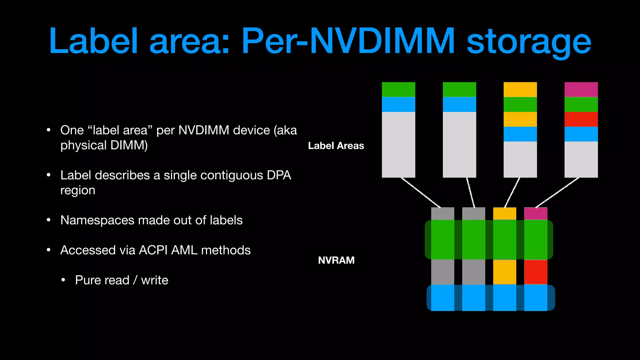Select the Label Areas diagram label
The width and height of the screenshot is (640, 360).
pyautogui.click(x=336, y=146)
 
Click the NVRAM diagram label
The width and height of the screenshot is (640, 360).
pyautogui.click(x=336, y=260)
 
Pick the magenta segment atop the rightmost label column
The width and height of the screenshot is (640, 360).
pyautogui.click(x=581, y=89)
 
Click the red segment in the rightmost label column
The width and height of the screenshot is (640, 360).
pyautogui.click(x=581, y=119)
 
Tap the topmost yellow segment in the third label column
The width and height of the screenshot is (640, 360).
pyautogui.click(x=520, y=89)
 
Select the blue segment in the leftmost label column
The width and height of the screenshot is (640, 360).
pyautogui.click(x=398, y=104)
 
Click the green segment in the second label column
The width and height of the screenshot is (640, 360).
pyautogui.click(x=459, y=89)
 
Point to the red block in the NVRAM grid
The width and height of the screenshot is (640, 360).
pyautogui.click(x=536, y=272)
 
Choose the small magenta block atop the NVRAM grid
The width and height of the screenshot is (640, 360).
pyautogui.click(x=536, y=213)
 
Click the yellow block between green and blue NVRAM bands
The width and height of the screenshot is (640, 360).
pyautogui.click(x=504, y=272)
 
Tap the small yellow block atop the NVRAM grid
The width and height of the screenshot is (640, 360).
pyautogui.click(x=504, y=213)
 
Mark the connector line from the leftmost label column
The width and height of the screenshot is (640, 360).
pyautogui.click(x=421, y=192)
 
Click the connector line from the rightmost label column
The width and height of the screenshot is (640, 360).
pyautogui.click(x=557, y=192)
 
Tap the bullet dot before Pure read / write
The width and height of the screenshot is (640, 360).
pyautogui.click(x=63, y=280)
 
